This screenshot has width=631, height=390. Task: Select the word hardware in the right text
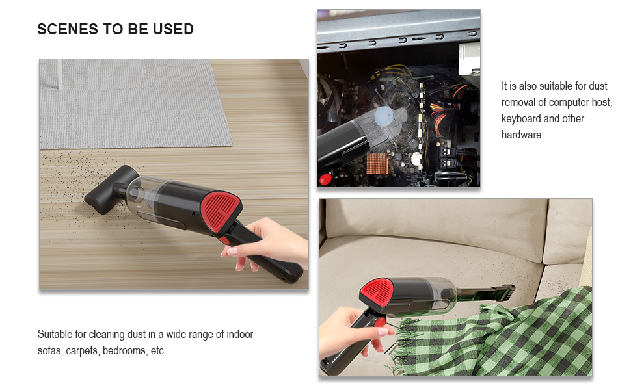point(522,135)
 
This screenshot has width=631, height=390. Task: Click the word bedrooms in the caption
point(122,351)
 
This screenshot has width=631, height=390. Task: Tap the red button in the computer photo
point(325,179)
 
